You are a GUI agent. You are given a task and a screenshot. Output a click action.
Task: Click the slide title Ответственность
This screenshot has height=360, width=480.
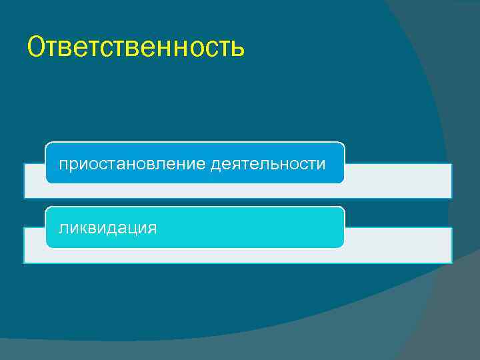tap(136, 47)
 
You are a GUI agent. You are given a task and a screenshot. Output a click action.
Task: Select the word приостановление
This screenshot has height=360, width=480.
tap(133, 164)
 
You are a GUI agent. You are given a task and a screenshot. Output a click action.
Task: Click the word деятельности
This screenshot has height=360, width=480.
tap(268, 164)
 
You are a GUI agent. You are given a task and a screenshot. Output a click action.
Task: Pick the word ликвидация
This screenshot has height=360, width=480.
tap(108, 228)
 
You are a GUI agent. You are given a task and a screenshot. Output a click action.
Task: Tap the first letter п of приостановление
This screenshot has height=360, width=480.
tap(63, 165)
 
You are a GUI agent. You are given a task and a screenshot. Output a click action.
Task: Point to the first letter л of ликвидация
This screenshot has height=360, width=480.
tap(63, 229)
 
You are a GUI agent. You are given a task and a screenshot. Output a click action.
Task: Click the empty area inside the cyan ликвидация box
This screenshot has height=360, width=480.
tap(253, 228)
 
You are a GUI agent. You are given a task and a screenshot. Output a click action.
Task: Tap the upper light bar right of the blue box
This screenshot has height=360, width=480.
tap(397, 181)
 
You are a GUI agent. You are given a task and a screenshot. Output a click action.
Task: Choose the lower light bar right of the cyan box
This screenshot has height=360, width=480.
tap(397, 245)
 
